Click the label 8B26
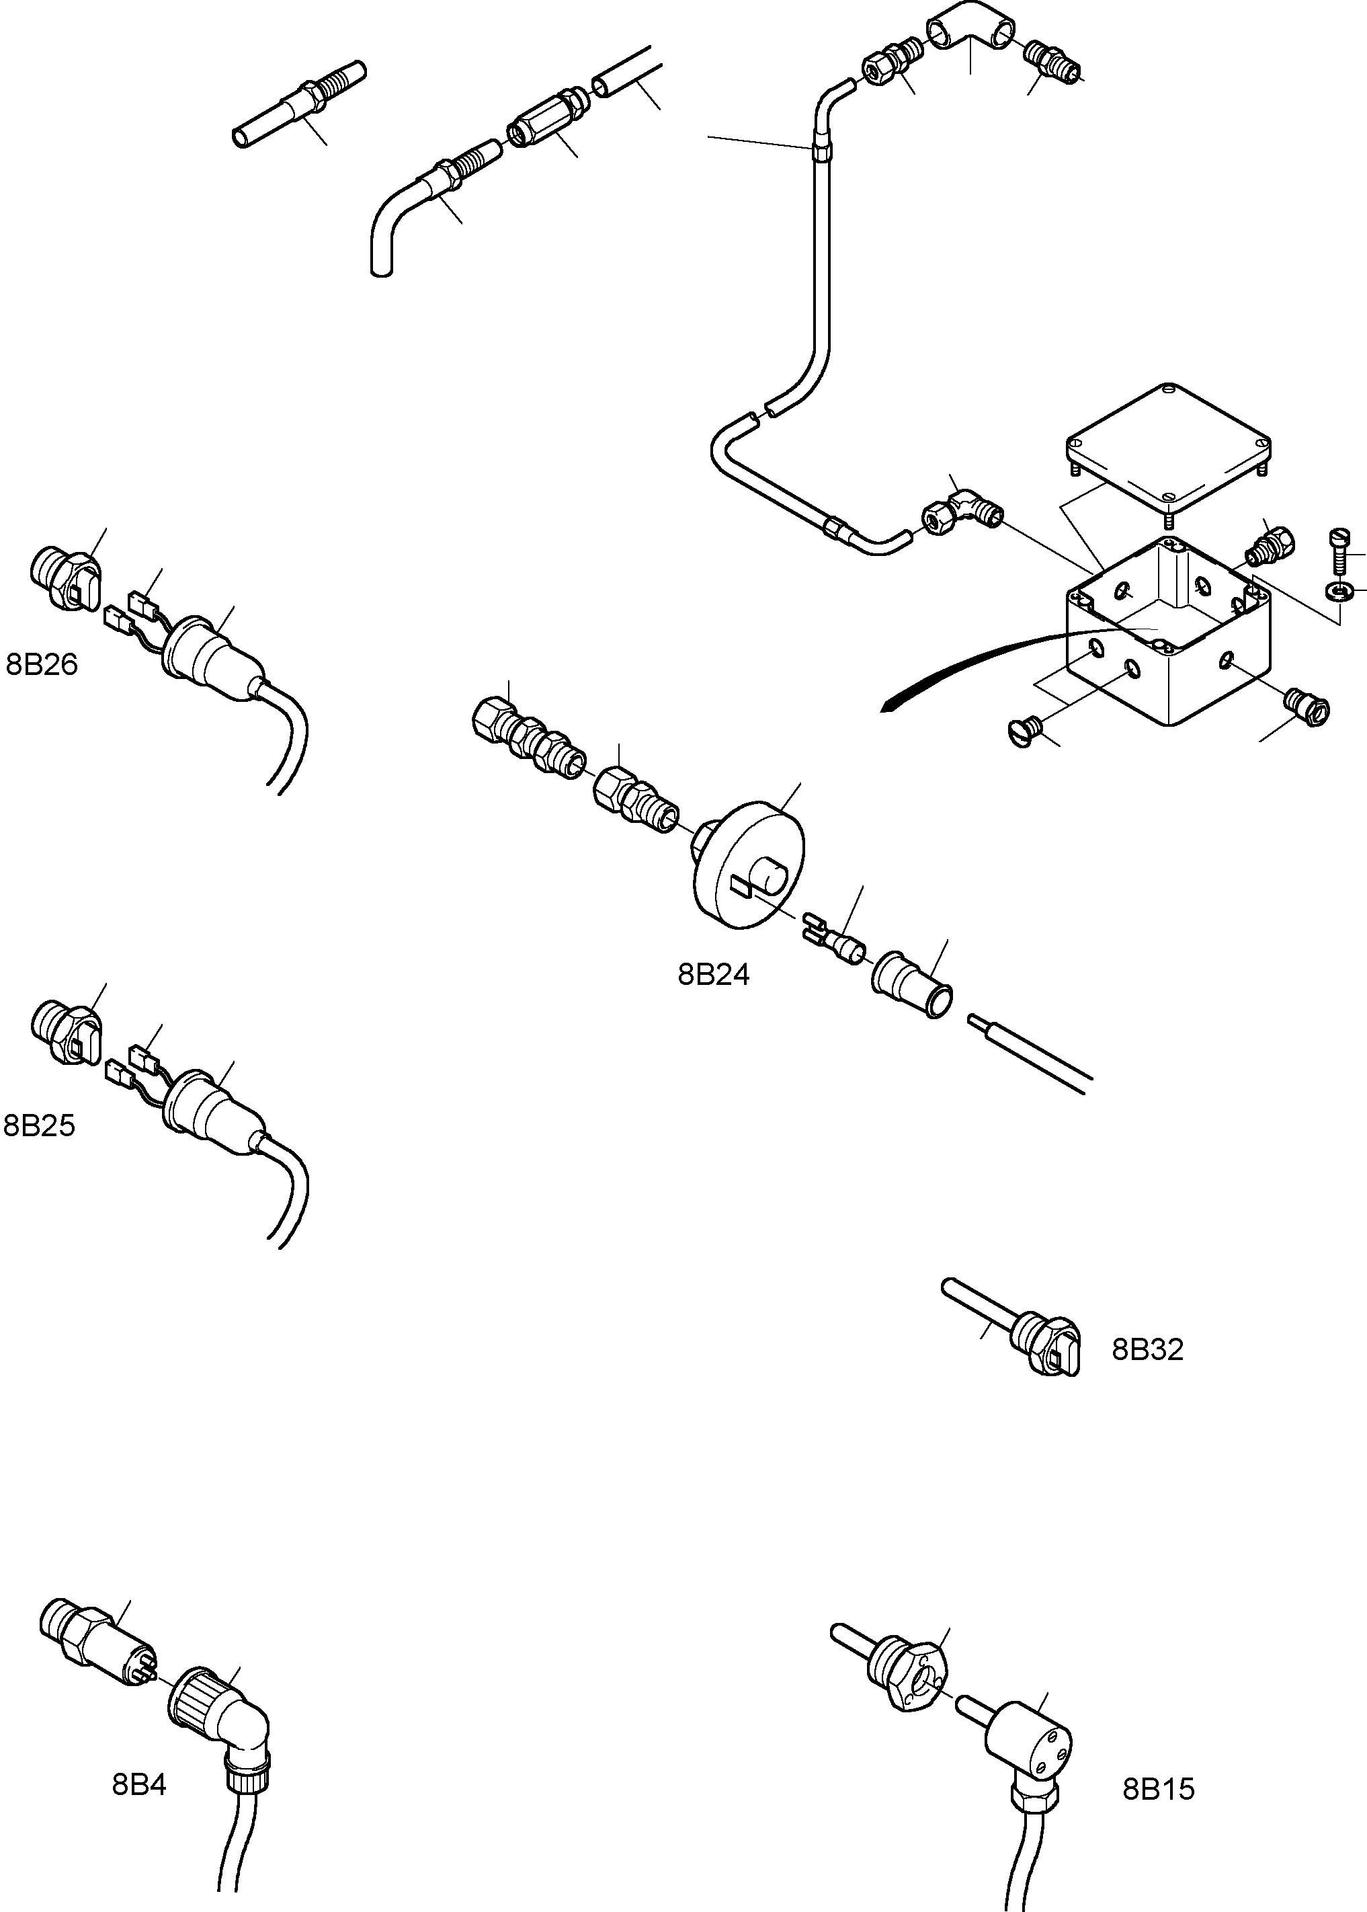pos(41,665)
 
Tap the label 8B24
pos(713,975)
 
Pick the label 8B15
pos(1158,1789)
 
